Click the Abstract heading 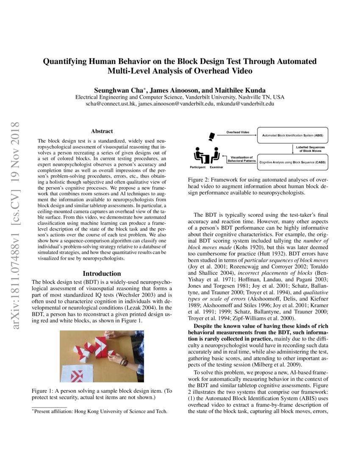click(102, 131)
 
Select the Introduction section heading click(102, 274)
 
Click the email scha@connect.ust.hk click(113, 103)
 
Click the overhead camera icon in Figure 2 click(212, 136)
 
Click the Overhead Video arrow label click(238, 132)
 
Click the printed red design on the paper click(78, 375)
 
